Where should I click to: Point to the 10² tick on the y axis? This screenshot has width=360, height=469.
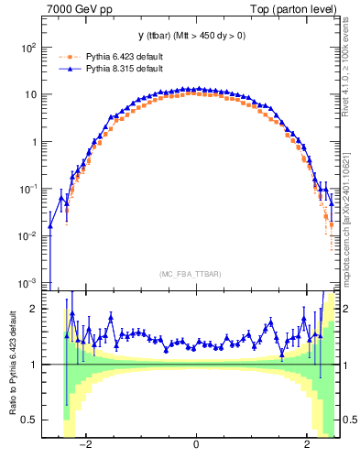coord(28,47)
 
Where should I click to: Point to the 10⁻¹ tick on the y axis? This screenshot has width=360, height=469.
coord(28,189)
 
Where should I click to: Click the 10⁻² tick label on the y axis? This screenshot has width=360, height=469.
coord(28,235)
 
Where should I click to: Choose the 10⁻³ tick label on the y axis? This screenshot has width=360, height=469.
coord(28,282)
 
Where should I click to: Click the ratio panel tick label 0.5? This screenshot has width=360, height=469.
coord(29,420)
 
